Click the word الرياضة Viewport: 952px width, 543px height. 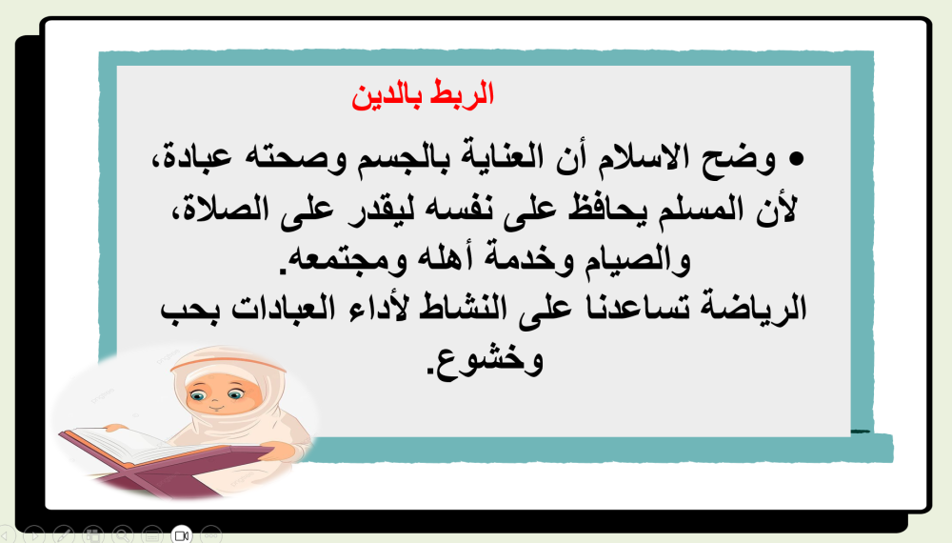click(x=758, y=307)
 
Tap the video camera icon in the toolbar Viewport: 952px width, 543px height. click(x=181, y=534)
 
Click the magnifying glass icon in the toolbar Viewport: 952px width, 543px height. click(x=122, y=534)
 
